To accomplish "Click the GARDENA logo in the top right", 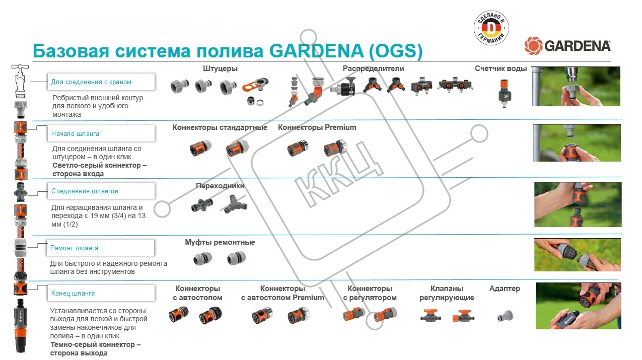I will [567, 46].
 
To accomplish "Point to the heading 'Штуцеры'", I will [220, 68].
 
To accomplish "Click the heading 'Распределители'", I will [373, 68].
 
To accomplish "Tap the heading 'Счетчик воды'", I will [501, 68].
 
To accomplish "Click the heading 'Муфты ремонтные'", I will [220, 242].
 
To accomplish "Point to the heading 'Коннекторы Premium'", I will [317, 127].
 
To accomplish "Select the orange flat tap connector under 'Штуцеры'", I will [255, 86].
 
